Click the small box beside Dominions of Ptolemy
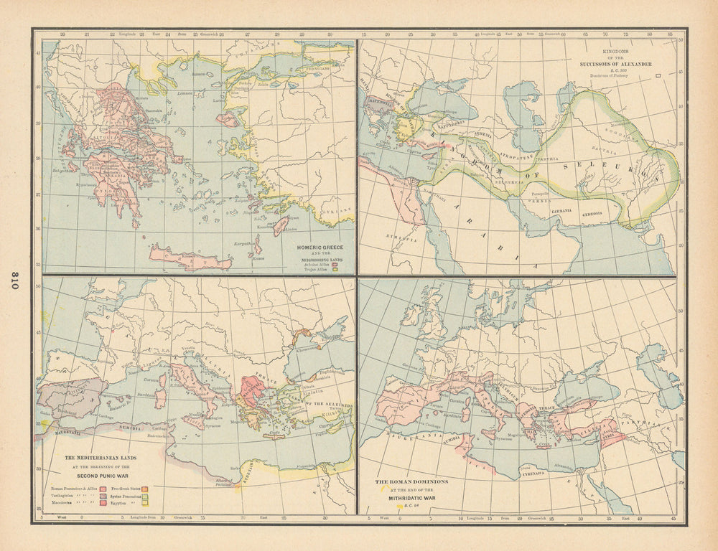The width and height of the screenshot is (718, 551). [x=658, y=75]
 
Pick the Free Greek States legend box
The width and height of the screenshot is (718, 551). [x=146, y=487]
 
